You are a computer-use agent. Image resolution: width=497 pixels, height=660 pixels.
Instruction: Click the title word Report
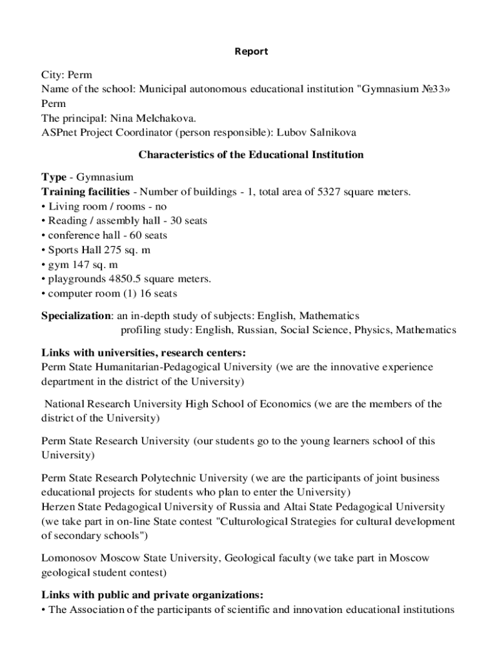click(251, 51)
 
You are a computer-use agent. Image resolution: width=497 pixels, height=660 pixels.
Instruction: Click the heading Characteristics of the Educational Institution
click(251, 155)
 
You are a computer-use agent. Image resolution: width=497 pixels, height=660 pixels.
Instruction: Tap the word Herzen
click(58, 507)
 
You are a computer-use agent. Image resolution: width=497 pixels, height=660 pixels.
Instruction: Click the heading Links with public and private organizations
click(152, 594)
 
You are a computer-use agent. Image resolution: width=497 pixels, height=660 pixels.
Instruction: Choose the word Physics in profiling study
click(370, 330)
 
